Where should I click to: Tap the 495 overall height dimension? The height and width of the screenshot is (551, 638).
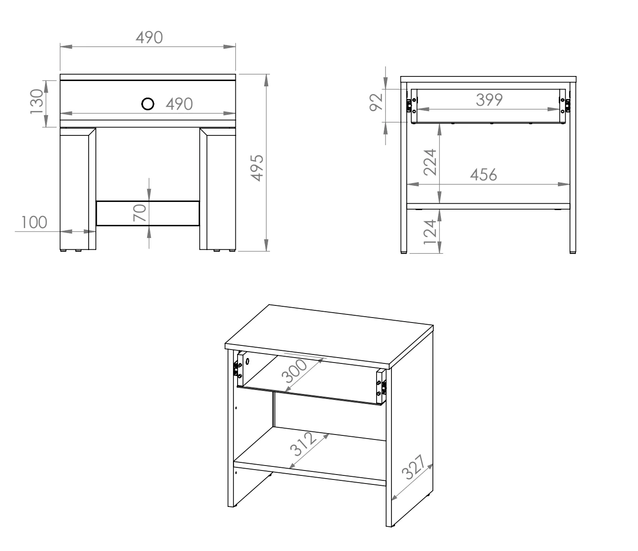click(x=257, y=168)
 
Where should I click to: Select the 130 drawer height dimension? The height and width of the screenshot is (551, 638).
click(x=36, y=102)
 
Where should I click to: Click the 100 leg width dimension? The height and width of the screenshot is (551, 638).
click(x=34, y=222)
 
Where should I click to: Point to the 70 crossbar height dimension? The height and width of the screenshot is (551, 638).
click(x=139, y=213)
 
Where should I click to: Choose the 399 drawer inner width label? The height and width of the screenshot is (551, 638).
click(x=489, y=100)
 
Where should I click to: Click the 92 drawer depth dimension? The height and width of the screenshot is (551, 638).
click(x=376, y=102)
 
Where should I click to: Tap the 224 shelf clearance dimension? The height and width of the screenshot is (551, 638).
click(x=430, y=162)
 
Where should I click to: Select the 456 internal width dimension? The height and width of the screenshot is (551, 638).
click(x=483, y=175)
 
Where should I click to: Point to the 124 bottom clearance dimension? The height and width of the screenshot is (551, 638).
click(x=430, y=232)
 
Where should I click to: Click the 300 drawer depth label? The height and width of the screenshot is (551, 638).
click(x=294, y=371)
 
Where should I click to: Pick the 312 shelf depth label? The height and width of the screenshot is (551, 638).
click(x=303, y=444)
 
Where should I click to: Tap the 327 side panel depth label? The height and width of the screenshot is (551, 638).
click(x=413, y=467)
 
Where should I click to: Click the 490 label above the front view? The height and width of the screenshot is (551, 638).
click(x=149, y=37)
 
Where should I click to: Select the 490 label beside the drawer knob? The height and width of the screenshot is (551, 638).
click(x=180, y=104)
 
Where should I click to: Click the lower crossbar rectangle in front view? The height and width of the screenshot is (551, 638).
click(x=148, y=214)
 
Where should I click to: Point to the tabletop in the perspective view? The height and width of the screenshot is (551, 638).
click(x=329, y=336)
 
